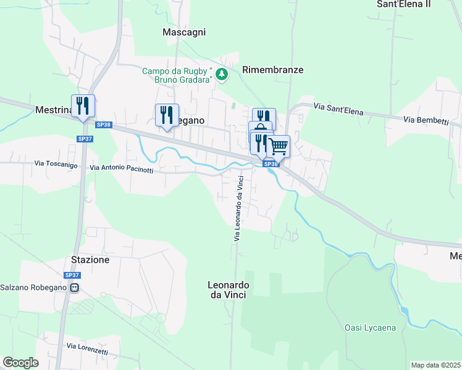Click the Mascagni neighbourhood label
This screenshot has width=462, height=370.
click(x=183, y=32)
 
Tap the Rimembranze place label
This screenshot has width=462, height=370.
click(x=273, y=70)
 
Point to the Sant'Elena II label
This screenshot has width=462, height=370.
click(x=412, y=4)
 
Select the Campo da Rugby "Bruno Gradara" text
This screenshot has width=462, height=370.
click(x=177, y=75)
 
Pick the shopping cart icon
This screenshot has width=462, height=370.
click(x=279, y=147)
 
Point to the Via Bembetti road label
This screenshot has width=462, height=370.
click(x=426, y=120)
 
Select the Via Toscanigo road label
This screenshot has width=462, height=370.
click(x=56, y=164)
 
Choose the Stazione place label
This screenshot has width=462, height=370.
click(x=90, y=260)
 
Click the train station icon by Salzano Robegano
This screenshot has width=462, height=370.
click(x=73, y=287)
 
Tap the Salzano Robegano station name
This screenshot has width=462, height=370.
click(x=34, y=287)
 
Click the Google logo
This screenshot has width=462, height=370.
click(x=20, y=363)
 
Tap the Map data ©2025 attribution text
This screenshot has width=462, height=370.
click(x=436, y=365)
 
